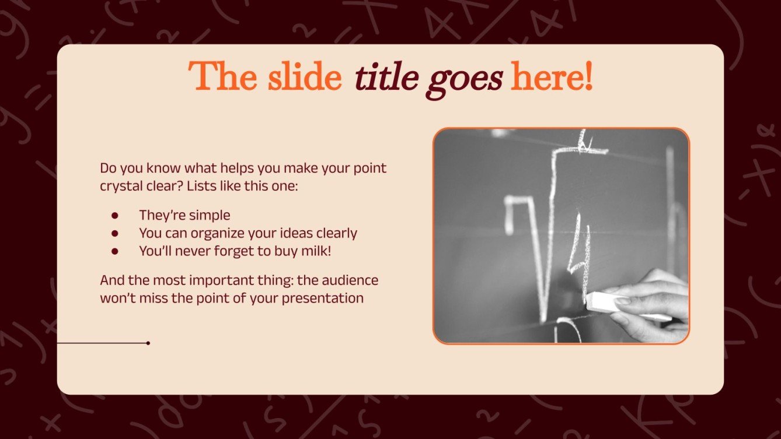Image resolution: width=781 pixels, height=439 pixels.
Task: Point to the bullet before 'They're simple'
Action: [115, 216]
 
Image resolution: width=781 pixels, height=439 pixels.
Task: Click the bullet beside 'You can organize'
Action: [115, 233]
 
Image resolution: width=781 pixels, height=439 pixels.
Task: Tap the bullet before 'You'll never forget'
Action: [115, 251]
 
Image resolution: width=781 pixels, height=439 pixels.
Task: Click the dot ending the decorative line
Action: [148, 343]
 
